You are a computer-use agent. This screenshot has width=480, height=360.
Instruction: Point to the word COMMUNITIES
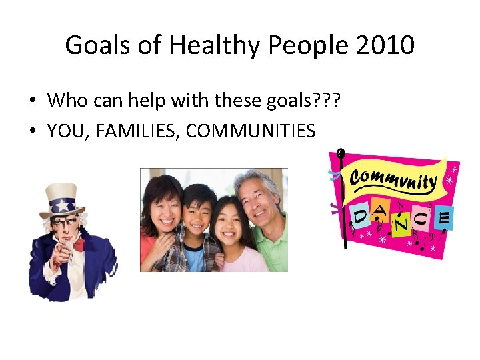pos(251,131)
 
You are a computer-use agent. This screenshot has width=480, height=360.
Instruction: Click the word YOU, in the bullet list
pos(69,131)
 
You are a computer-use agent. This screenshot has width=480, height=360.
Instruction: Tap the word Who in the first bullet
pos(65,101)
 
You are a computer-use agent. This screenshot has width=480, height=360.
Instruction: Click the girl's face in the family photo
pos(229,225)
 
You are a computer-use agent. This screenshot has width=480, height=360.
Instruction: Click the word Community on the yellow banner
pos(393,179)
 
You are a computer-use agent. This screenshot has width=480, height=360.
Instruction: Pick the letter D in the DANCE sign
pos(359,217)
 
